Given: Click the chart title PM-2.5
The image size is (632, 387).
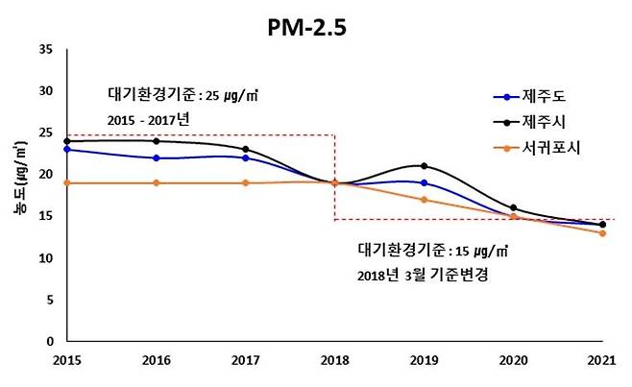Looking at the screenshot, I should pyautogui.click(x=305, y=28).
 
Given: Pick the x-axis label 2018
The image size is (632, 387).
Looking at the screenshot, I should pyautogui.click(x=334, y=360).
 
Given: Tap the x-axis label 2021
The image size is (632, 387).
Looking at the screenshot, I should pyautogui.click(x=602, y=360).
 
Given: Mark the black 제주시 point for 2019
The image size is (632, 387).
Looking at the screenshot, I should pyautogui.click(x=424, y=166).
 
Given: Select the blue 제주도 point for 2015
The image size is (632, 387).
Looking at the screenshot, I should pyautogui.click(x=65, y=149).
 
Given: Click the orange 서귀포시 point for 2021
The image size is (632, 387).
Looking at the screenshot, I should pyautogui.click(x=602, y=233).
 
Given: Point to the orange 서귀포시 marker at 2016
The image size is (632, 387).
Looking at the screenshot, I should pyautogui.click(x=155, y=182).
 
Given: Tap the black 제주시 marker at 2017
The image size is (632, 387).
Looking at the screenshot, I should pyautogui.click(x=245, y=149).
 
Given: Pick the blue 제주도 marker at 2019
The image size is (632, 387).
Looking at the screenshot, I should pyautogui.click(x=424, y=182).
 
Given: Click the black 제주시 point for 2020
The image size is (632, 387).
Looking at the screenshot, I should pyautogui.click(x=513, y=207).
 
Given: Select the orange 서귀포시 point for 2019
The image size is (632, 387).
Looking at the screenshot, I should pyautogui.click(x=424, y=200).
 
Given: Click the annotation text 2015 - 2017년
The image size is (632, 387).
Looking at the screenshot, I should pyautogui.click(x=150, y=120).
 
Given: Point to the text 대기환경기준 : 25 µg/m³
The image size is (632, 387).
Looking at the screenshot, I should pyautogui.click(x=182, y=96).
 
